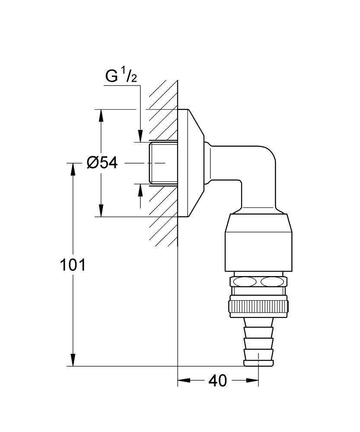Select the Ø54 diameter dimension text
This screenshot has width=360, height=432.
tap(102, 163)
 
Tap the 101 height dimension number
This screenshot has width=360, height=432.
tap(72, 265)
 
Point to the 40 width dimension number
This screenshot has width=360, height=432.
tap(217, 381)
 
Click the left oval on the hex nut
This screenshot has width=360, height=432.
tap(244, 282)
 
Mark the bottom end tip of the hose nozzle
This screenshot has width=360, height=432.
tap(258, 364)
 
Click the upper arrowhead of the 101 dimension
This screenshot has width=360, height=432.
tap(73, 168)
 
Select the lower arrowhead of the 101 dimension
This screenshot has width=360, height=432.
tap(73, 360)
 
